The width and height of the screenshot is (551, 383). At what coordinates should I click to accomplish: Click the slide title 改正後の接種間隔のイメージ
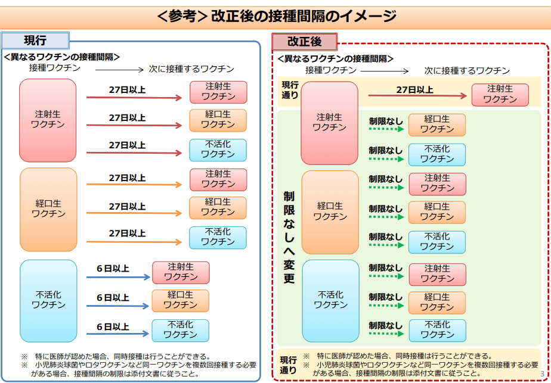[x=304, y=16]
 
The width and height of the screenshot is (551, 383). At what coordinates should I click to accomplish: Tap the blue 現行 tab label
[x=35, y=41]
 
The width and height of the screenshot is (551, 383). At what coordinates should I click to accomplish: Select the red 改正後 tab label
[x=304, y=42]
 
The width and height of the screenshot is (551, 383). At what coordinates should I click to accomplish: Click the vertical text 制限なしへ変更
[x=289, y=237]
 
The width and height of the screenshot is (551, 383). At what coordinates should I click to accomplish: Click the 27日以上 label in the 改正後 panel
[x=414, y=90]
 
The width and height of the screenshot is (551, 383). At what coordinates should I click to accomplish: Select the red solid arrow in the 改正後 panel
[x=417, y=95]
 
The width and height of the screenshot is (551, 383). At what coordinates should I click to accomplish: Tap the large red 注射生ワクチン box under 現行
[x=48, y=120]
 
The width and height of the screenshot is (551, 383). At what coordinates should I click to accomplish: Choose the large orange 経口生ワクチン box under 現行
[x=48, y=209]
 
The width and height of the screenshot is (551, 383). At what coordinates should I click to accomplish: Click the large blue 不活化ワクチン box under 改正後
[x=331, y=300]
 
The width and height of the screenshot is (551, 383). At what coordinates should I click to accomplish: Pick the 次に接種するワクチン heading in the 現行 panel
[x=191, y=69]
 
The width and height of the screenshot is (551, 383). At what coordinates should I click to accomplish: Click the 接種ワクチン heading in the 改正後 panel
[x=331, y=70]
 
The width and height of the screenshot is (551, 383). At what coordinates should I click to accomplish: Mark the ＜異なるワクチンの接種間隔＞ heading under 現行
[x=62, y=57]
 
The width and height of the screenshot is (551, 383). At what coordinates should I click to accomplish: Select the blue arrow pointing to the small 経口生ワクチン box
[x=118, y=306]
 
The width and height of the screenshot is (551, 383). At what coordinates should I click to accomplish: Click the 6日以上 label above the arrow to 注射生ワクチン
[x=113, y=269]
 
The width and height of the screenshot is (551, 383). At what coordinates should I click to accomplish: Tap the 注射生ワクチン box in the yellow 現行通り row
[x=500, y=95]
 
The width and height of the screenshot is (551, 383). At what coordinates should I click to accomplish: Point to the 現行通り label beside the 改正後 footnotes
[x=288, y=365]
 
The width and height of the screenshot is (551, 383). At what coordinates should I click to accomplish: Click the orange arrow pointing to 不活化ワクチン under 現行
[x=134, y=242]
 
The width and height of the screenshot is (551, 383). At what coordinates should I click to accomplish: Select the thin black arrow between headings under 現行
[x=119, y=70]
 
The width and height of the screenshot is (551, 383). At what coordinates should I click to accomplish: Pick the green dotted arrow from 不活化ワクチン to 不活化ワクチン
[x=386, y=334]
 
